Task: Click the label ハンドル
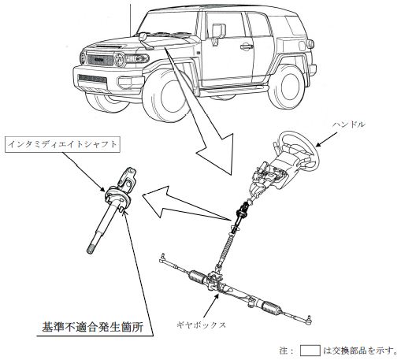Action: coord(349,124)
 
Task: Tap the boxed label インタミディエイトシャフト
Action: coord(62,144)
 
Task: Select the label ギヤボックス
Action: coord(202,325)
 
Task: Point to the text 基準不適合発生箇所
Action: coord(93,327)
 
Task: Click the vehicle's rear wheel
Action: coord(286,87)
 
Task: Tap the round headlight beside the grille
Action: coord(119,59)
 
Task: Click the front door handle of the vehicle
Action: coord(247,46)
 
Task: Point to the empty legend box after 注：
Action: coord(310,351)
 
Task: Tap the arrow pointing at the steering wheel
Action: coord(326,139)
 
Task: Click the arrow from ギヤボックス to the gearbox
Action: coord(211,306)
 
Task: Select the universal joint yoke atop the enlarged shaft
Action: coord(128,177)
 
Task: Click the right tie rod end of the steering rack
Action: coord(308,319)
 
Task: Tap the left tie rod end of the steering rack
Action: coord(163,258)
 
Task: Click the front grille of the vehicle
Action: coord(100,59)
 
